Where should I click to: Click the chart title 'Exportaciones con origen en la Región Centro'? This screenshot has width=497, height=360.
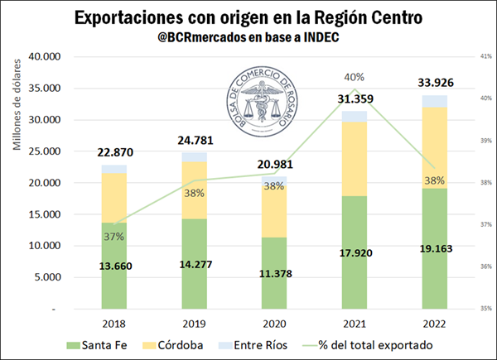tap(248, 17)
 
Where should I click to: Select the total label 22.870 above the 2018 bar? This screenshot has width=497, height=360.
tap(114, 151)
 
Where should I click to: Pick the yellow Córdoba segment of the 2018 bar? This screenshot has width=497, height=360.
tap(114, 198)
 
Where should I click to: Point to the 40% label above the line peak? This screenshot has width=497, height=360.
tap(355, 76)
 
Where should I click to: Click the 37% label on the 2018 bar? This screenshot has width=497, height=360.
tap(114, 236)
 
